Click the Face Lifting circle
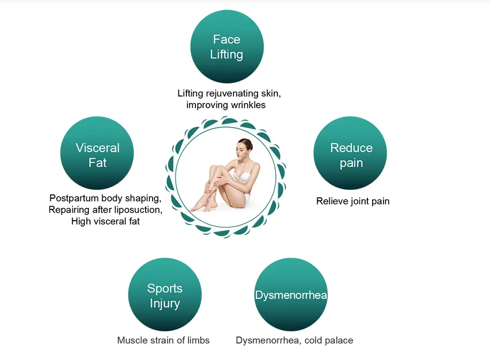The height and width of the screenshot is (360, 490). [x=227, y=47]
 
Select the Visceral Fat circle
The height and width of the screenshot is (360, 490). [x=97, y=153]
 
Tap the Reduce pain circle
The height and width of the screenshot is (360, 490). [x=350, y=153]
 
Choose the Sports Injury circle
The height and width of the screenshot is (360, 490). [x=165, y=295]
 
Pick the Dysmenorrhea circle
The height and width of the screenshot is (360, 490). [x=291, y=295]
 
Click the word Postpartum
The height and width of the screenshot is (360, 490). [x=74, y=198]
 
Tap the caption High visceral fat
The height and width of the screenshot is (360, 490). [x=105, y=221]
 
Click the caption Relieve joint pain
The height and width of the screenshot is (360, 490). [x=353, y=201]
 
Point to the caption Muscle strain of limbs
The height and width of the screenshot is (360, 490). [x=163, y=340]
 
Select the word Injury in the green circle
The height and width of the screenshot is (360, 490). [x=165, y=303]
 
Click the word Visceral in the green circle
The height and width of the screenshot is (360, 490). [x=97, y=148]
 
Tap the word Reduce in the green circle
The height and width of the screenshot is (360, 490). [x=351, y=148]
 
